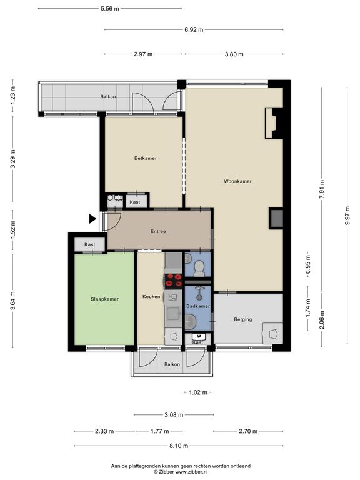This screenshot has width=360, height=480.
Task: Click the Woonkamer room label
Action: coord(237,181)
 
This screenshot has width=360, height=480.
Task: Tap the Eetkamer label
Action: coord(146,158)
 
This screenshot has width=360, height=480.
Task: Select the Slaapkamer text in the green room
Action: coord(104,299)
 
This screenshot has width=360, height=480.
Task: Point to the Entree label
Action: coord(158,231)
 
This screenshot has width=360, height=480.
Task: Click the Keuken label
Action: coord(151,297)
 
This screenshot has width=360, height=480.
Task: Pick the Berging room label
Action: coord(243,319)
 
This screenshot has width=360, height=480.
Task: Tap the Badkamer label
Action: coord(198,306)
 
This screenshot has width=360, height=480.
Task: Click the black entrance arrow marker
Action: coord(92,219)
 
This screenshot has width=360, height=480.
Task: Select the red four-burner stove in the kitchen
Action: coord(174,281)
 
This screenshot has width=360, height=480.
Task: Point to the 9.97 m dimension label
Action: coord(347,216)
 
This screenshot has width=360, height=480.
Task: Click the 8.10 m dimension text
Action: coord(179,446)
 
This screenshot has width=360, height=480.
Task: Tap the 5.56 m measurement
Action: coord(110,9)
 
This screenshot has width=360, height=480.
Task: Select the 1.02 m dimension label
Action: coord(198,392)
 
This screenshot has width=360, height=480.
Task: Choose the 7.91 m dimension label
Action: coord(322,189)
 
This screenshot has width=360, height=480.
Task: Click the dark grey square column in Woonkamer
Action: coord(276,218)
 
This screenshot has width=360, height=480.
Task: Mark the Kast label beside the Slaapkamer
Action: coord(90,244)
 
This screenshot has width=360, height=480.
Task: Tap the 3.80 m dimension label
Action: coord(234,54)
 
